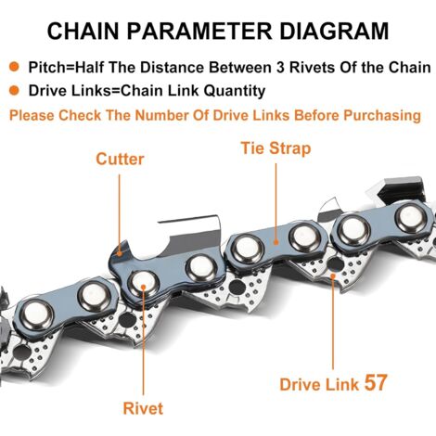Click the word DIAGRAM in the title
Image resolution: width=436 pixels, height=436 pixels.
pyautogui.click(x=334, y=31)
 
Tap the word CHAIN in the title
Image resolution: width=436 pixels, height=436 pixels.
pyautogui.click(x=83, y=31)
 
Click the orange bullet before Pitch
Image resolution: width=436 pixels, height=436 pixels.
pyautogui.click(x=14, y=67)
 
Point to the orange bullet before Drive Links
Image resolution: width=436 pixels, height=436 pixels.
pyautogui.click(x=14, y=91)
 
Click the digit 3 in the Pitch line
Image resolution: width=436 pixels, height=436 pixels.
pyautogui.click(x=280, y=68)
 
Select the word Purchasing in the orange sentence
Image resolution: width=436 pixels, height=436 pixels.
pyautogui.click(x=382, y=115)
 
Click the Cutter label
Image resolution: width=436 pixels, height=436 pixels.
pyautogui.click(x=120, y=160)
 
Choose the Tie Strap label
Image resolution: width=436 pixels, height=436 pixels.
pyautogui.click(x=276, y=148)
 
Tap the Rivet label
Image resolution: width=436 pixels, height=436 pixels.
pyautogui.click(x=143, y=408)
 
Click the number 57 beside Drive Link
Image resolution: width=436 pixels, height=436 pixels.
pyautogui.click(x=376, y=383)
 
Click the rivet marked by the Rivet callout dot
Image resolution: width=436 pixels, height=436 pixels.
pyautogui.click(x=143, y=283)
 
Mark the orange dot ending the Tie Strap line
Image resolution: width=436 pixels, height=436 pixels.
pyautogui.click(x=276, y=242)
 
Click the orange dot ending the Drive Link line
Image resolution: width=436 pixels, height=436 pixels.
pyautogui.click(x=333, y=276)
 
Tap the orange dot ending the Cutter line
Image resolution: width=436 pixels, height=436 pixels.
pyautogui.click(x=120, y=253)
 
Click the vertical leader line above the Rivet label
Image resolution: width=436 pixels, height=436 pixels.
pyautogui.click(x=143, y=341)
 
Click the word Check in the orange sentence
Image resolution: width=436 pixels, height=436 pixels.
pyautogui.click(x=80, y=115)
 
